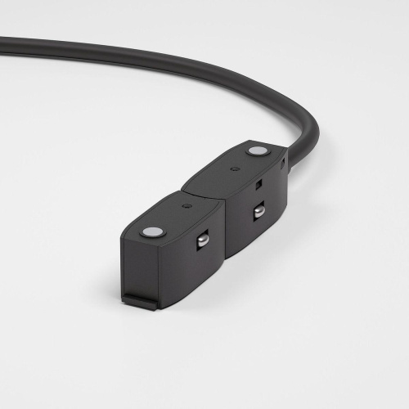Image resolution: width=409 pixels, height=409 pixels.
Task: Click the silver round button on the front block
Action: pyautogui.click(x=152, y=232)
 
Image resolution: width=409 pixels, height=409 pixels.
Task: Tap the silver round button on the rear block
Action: pyautogui.click(x=258, y=151)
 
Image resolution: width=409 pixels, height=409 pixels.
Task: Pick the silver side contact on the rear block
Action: pyautogui.click(x=258, y=211)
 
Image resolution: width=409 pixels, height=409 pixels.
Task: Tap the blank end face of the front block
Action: pyautogui.click(x=151, y=270)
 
